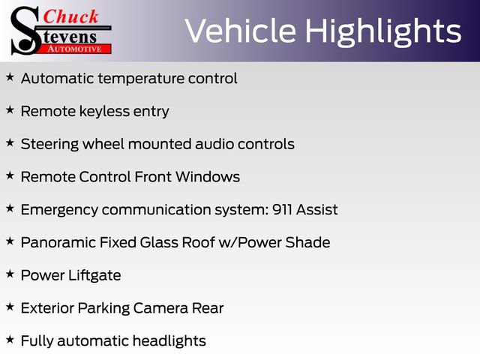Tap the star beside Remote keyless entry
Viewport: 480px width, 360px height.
pos(10,110)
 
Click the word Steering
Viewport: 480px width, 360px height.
pos(48,144)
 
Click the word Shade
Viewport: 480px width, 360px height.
pos(309,242)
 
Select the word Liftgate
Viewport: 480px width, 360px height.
pos(93,275)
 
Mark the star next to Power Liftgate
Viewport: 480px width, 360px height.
pos(10,274)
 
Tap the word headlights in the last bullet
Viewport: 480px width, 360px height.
pos(169,340)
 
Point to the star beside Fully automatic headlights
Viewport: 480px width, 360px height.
pos(10,340)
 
